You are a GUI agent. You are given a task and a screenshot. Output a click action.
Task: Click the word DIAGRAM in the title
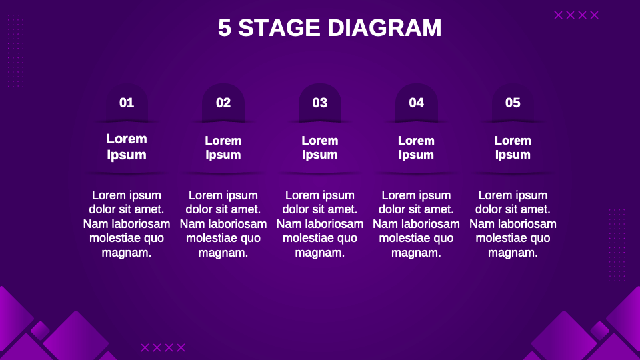coord(385,28)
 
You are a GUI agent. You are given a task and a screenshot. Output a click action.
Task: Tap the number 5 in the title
coord(225,28)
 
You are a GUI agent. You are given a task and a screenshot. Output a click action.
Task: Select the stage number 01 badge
coord(127,103)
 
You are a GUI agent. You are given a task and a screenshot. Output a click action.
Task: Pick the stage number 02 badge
coord(223,103)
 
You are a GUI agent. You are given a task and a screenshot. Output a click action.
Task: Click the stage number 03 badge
coord(320,103)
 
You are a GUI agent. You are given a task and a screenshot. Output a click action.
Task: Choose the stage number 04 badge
coord(417,103)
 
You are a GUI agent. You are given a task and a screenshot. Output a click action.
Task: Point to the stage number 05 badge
coord(513,103)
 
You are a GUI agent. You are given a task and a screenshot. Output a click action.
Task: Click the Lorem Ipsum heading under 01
coord(127,147)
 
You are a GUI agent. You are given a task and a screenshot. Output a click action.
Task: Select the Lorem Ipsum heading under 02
coord(223,147)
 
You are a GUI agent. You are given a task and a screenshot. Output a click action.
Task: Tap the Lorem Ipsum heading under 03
coord(320,147)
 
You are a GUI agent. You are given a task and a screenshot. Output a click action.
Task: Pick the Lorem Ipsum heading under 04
coord(417,147)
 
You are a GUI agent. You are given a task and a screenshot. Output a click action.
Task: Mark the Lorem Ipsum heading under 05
coord(513,147)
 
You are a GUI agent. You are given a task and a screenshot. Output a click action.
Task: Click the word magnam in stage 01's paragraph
coord(127,253)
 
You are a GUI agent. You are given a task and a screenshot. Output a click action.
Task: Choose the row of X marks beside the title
coord(577,15)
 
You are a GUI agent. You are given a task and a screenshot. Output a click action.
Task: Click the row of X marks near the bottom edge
coord(163,347)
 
